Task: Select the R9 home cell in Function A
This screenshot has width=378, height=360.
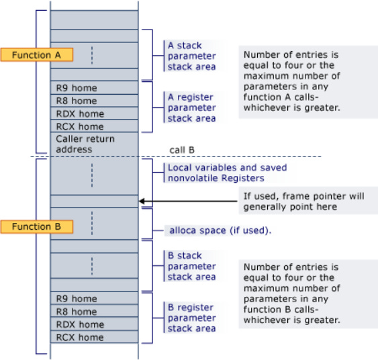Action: click(x=94, y=88)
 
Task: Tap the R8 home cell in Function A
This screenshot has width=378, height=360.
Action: click(x=94, y=101)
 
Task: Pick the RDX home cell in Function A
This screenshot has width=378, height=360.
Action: click(x=94, y=114)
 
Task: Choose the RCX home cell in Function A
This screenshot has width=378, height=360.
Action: click(x=94, y=126)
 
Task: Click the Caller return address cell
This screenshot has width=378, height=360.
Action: click(x=94, y=144)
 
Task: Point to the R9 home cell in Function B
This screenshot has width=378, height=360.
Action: click(x=94, y=299)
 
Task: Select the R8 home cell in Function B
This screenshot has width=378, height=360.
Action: click(x=94, y=312)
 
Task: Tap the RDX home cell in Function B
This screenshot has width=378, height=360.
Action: click(x=94, y=324)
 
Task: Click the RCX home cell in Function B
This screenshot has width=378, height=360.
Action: click(x=94, y=337)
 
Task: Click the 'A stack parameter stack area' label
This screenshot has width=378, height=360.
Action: click(x=192, y=56)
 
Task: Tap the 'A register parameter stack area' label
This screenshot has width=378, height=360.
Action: click(x=192, y=107)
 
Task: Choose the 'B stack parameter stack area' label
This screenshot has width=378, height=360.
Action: click(x=192, y=266)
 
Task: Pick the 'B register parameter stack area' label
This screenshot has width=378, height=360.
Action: click(x=192, y=318)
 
